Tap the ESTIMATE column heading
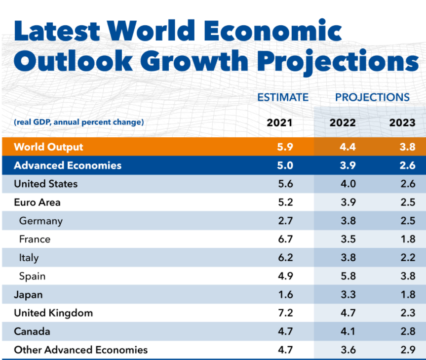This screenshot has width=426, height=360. point(283,97)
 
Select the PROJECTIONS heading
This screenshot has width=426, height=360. point(372,97)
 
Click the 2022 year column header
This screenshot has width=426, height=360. point(343,122)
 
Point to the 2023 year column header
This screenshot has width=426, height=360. point(402,122)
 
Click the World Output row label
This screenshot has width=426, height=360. point(48,147)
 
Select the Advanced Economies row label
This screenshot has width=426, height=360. point(68,165)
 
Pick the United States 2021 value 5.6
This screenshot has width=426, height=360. point(285,184)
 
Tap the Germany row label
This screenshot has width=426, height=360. point(41,221)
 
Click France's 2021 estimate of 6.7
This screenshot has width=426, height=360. point(285,240)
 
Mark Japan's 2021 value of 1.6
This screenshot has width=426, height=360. point(285,295)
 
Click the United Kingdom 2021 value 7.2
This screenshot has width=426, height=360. point(285,313)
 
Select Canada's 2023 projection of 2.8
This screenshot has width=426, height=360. point(408,331)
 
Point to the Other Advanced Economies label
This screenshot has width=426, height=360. point(80,350)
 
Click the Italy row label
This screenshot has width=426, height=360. point(29,258)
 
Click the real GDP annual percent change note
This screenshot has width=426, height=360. point(79,122)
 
